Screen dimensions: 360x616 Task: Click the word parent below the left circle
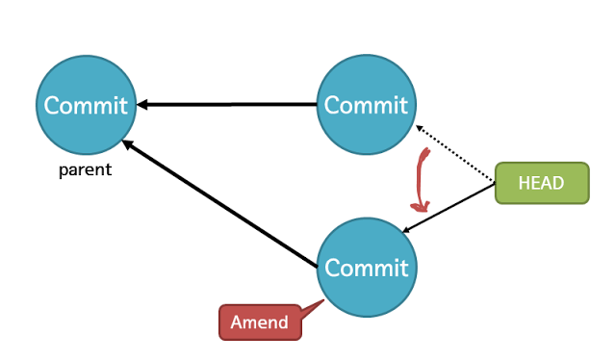(85, 170)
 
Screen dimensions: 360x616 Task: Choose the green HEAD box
(541, 183)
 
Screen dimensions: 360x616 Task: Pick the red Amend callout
(260, 322)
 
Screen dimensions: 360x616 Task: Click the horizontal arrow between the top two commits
(231, 104)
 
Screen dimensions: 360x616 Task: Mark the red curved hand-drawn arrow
(422, 178)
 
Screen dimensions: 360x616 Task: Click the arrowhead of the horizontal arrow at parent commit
(141, 104)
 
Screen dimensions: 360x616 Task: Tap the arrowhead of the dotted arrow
(419, 127)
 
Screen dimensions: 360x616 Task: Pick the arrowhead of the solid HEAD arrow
(408, 230)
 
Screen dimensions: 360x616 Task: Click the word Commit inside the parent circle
(86, 105)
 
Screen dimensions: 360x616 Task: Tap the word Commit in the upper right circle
(366, 104)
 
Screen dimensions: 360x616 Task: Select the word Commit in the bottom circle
(368, 266)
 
